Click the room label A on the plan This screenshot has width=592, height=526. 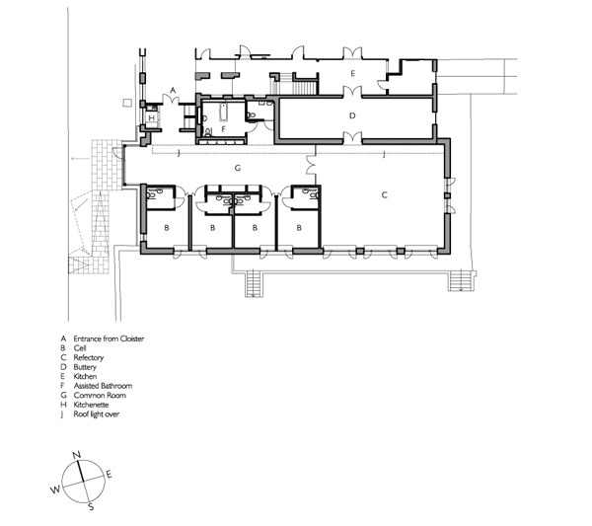point(174,90)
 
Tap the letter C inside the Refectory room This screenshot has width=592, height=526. point(384,195)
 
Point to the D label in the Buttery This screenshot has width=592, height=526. point(352,115)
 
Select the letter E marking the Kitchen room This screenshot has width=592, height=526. point(352,74)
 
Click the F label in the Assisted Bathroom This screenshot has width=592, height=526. point(223,128)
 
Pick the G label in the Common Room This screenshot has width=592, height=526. point(238,169)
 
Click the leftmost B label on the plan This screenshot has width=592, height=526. point(167,227)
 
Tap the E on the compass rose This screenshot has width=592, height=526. point(109,475)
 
